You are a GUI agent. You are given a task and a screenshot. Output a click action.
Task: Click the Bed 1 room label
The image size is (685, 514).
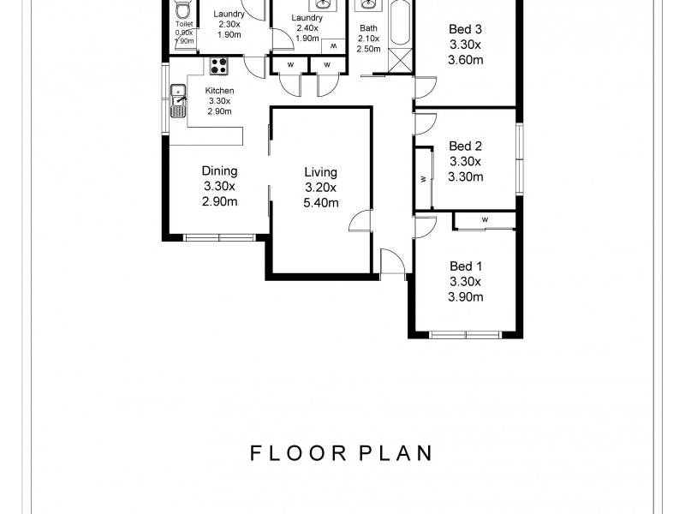click(x=465, y=266)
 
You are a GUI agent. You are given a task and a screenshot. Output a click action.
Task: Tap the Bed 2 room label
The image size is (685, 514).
click(x=465, y=146)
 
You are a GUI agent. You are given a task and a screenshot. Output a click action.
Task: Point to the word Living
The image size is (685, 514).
click(x=321, y=172)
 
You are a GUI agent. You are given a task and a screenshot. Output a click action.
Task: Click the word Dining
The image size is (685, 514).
click(x=219, y=170)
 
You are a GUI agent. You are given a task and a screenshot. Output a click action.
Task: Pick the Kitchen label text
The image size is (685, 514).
click(x=219, y=91)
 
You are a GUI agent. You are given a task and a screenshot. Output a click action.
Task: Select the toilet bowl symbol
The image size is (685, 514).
click(x=181, y=11)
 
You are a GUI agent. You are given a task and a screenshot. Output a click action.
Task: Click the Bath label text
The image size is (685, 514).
click(x=368, y=27)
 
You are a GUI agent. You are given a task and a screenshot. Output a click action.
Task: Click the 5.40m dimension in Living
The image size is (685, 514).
click(x=321, y=203)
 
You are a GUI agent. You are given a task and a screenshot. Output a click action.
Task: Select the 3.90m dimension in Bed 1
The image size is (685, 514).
click(x=465, y=296)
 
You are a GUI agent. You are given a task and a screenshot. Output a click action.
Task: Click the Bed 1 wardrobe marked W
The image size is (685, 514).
click(x=484, y=220)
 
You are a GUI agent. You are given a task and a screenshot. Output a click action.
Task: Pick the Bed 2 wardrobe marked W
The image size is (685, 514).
click(x=423, y=179)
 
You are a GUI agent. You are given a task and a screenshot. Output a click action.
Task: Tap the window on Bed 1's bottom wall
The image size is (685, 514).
click(x=465, y=333)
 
